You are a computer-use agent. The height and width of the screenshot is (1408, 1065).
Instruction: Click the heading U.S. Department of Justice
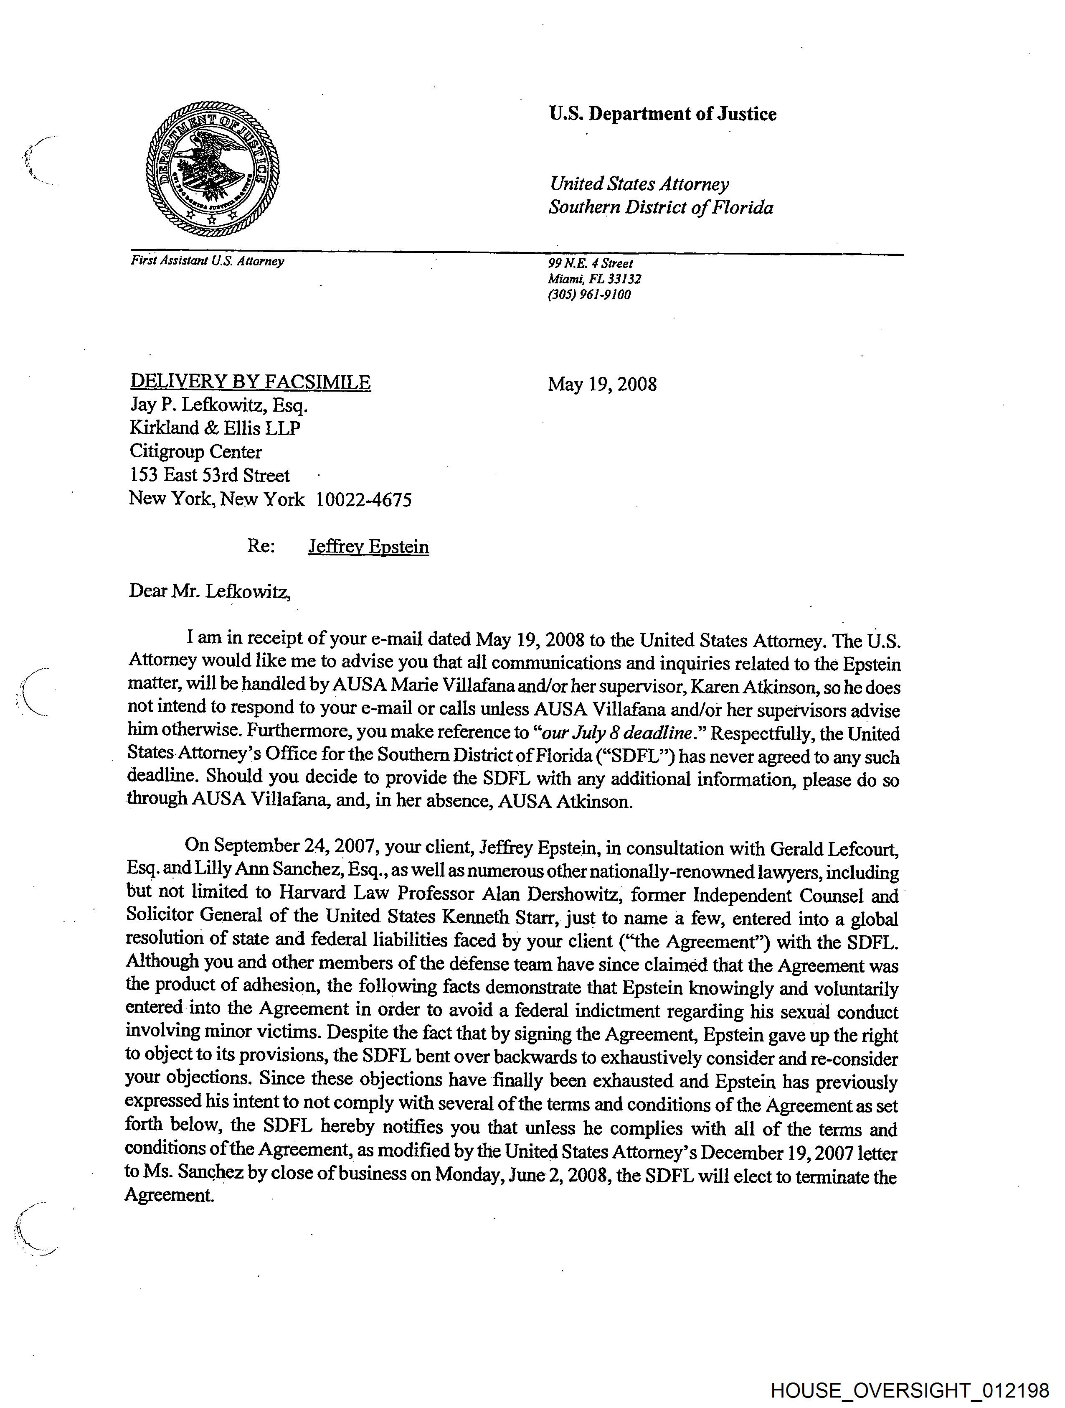point(662,115)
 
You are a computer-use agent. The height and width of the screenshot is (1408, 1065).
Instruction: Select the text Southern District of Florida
point(661,208)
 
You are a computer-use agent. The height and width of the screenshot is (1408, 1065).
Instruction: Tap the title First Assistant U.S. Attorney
point(208,261)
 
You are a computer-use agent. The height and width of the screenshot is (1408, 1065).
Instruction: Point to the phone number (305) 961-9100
point(589,295)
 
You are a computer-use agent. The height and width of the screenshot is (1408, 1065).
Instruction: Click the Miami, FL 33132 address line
point(594,279)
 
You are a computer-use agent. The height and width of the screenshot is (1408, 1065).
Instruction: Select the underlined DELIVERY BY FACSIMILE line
point(250,382)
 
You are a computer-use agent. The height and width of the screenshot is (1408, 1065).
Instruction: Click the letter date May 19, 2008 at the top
point(602,384)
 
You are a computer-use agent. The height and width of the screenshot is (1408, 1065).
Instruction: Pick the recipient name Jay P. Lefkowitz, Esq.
point(219,405)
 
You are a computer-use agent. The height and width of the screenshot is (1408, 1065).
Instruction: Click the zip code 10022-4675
point(364,500)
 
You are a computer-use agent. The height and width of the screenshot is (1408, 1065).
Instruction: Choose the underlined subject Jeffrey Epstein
point(368,547)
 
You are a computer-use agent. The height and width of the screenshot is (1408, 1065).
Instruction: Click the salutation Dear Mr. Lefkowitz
point(210,591)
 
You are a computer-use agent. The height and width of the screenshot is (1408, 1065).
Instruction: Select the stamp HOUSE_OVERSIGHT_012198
point(910,1390)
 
